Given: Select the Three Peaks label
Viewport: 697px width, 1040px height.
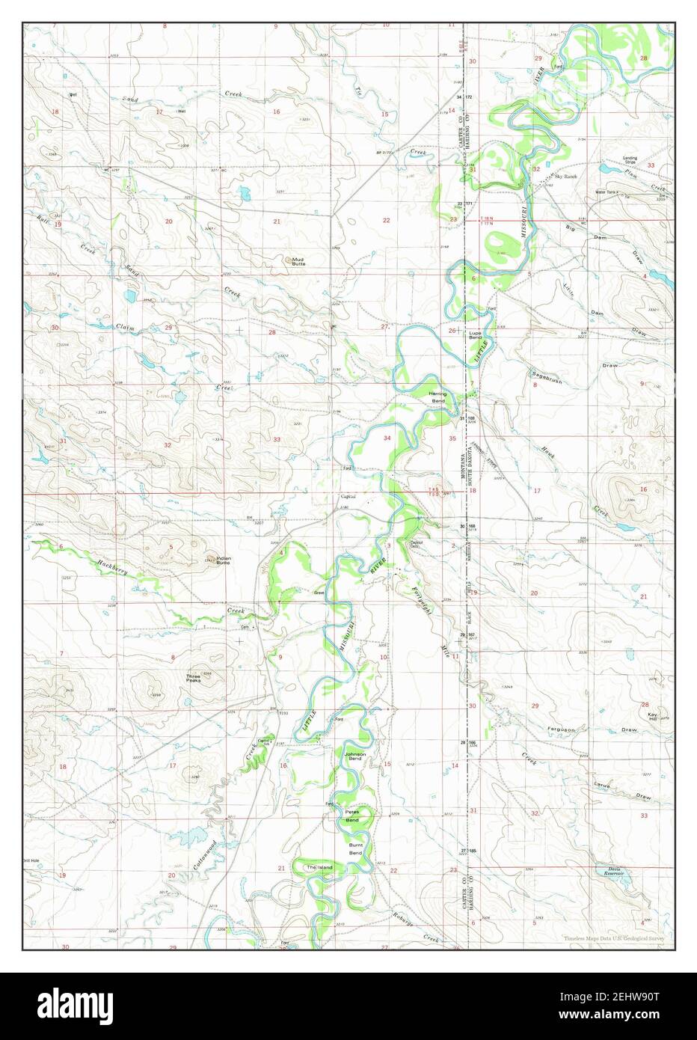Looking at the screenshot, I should click(x=193, y=678).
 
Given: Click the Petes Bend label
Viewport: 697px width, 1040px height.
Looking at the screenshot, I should click(x=351, y=817).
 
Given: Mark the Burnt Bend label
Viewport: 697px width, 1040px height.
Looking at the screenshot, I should click(x=355, y=849).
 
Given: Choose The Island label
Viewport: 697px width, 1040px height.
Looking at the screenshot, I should click(x=319, y=866).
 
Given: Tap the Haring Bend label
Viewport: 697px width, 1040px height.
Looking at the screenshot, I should click(x=437, y=397).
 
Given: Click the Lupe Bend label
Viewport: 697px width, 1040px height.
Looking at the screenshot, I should click(x=475, y=335).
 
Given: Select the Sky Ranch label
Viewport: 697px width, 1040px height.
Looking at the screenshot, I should click(x=565, y=176).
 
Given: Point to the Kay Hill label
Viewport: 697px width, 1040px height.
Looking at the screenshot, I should click(x=653, y=716).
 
